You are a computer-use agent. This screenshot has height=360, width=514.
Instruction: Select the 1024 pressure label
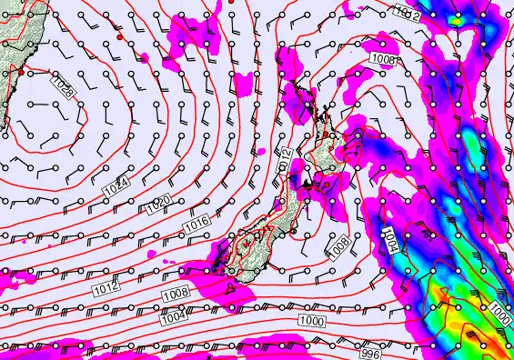point(116,186)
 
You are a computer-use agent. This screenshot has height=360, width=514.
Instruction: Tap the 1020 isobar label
point(156,209)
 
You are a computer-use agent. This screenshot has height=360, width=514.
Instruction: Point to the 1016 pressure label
point(197,221)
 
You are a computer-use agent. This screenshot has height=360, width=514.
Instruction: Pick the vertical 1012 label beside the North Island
point(284,163)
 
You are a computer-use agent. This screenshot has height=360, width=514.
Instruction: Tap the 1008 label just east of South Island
point(338,246)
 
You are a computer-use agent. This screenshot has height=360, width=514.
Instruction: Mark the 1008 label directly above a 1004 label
point(175,293)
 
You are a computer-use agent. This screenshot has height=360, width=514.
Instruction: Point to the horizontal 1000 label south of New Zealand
point(310,322)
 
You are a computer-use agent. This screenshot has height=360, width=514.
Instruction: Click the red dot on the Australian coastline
point(21,69)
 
